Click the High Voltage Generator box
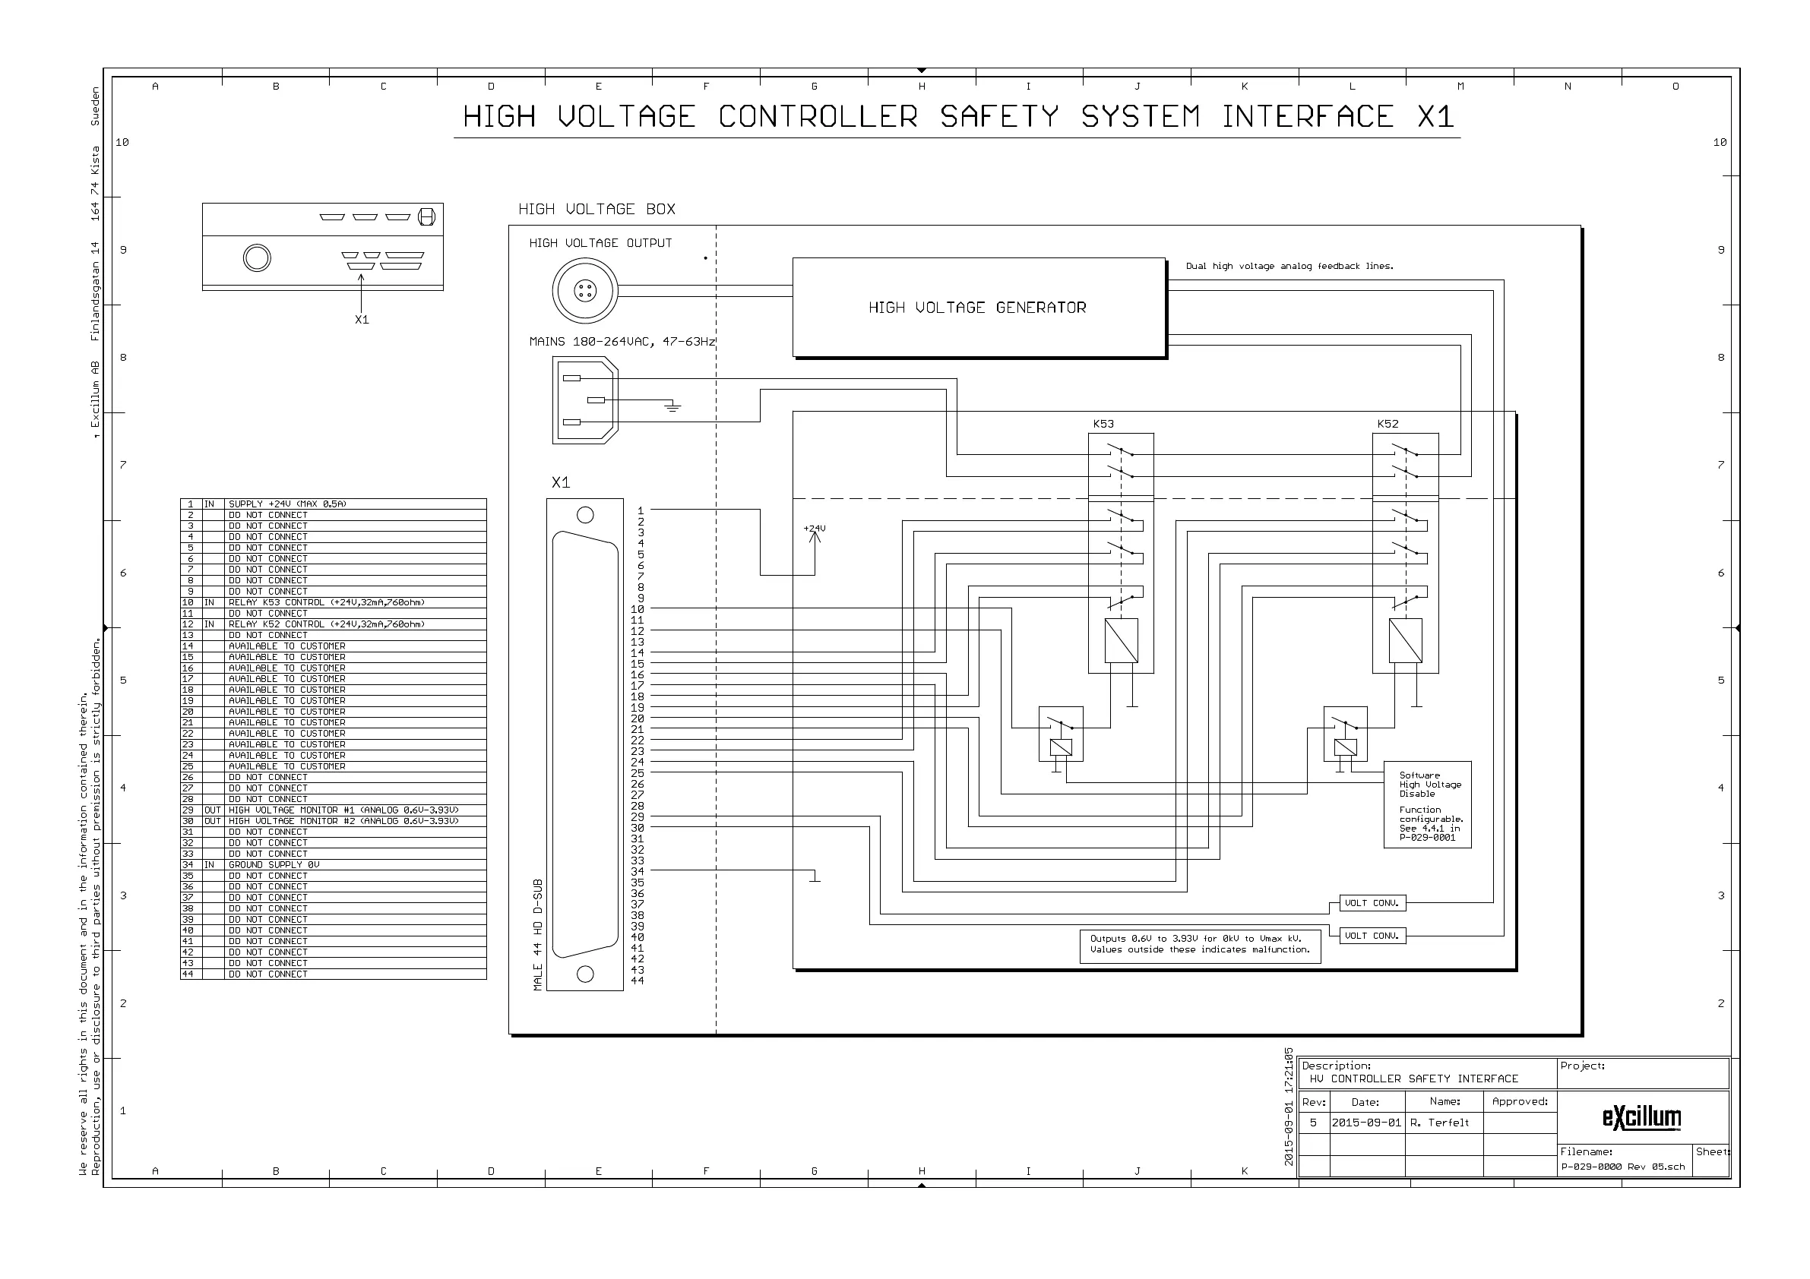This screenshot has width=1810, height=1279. (977, 308)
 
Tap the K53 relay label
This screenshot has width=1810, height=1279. (1103, 424)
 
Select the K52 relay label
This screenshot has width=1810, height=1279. (1388, 424)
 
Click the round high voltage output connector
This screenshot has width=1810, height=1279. (585, 291)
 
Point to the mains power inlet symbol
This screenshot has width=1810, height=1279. (585, 400)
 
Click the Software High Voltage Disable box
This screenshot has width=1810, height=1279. (1427, 804)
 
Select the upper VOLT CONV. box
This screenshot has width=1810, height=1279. (1372, 903)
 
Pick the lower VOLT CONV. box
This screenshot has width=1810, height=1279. (1372, 936)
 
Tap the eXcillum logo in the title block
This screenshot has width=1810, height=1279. (1641, 1117)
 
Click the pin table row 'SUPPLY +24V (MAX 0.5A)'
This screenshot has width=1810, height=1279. (287, 504)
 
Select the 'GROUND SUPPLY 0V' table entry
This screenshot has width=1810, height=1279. (274, 864)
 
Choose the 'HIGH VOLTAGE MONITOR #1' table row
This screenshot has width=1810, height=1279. (343, 810)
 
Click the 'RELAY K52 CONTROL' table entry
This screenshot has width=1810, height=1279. (327, 624)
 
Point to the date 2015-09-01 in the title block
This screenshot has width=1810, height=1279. (1366, 1123)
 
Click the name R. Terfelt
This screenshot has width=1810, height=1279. (1439, 1123)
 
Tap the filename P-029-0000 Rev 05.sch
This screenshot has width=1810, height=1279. (1622, 1167)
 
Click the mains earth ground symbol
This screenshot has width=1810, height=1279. (672, 406)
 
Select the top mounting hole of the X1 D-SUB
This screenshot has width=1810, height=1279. (585, 516)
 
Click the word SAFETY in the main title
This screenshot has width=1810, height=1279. (998, 117)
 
